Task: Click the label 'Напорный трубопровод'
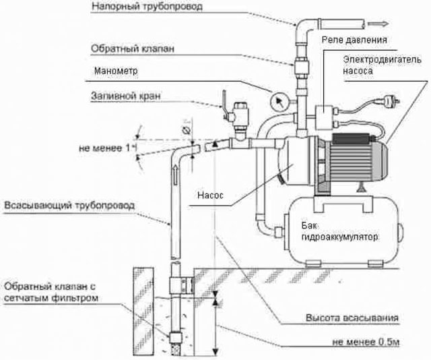[x=147, y=6]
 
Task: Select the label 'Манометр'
[x=116, y=71]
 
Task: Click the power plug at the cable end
[x=391, y=102]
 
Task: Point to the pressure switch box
[x=324, y=117]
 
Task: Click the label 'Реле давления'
[x=354, y=40]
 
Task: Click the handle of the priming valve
[x=224, y=103]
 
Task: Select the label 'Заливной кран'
[x=126, y=96]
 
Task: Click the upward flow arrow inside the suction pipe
[x=175, y=176]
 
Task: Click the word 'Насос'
[x=210, y=196]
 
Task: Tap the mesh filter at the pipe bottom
[x=175, y=347]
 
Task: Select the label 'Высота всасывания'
[x=352, y=318]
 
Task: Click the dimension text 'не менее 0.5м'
[x=366, y=342]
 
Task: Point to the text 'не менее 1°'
[x=108, y=148]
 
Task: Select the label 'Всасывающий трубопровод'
[x=69, y=206]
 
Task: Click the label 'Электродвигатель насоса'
[x=382, y=65]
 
